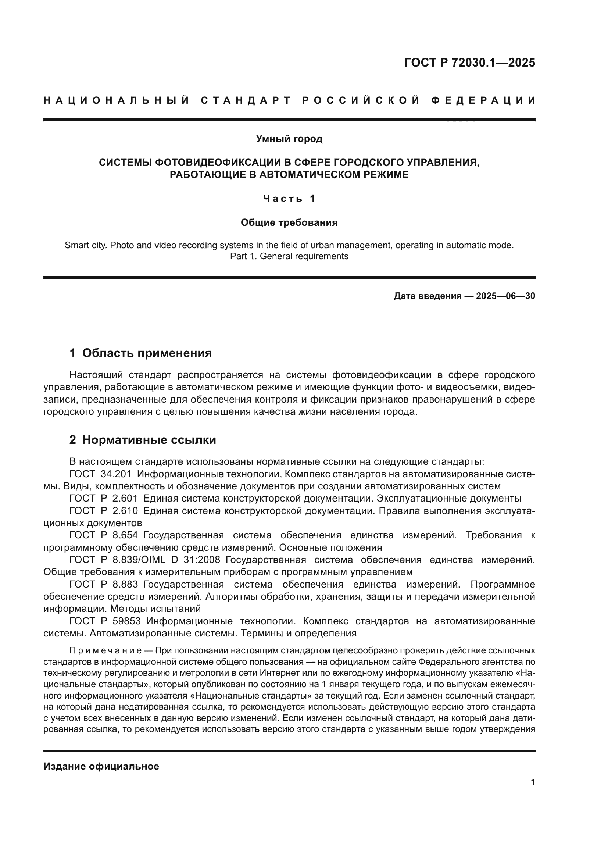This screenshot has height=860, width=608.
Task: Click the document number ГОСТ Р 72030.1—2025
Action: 469,63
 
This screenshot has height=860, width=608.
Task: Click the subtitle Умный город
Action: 289,139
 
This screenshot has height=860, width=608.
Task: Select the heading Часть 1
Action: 289,199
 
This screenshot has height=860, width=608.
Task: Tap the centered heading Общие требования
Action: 289,223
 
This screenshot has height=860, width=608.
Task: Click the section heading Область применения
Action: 147,353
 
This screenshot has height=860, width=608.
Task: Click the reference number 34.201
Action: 116,474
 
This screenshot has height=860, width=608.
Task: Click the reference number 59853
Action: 126,621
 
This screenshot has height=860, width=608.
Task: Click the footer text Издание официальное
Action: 101,766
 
